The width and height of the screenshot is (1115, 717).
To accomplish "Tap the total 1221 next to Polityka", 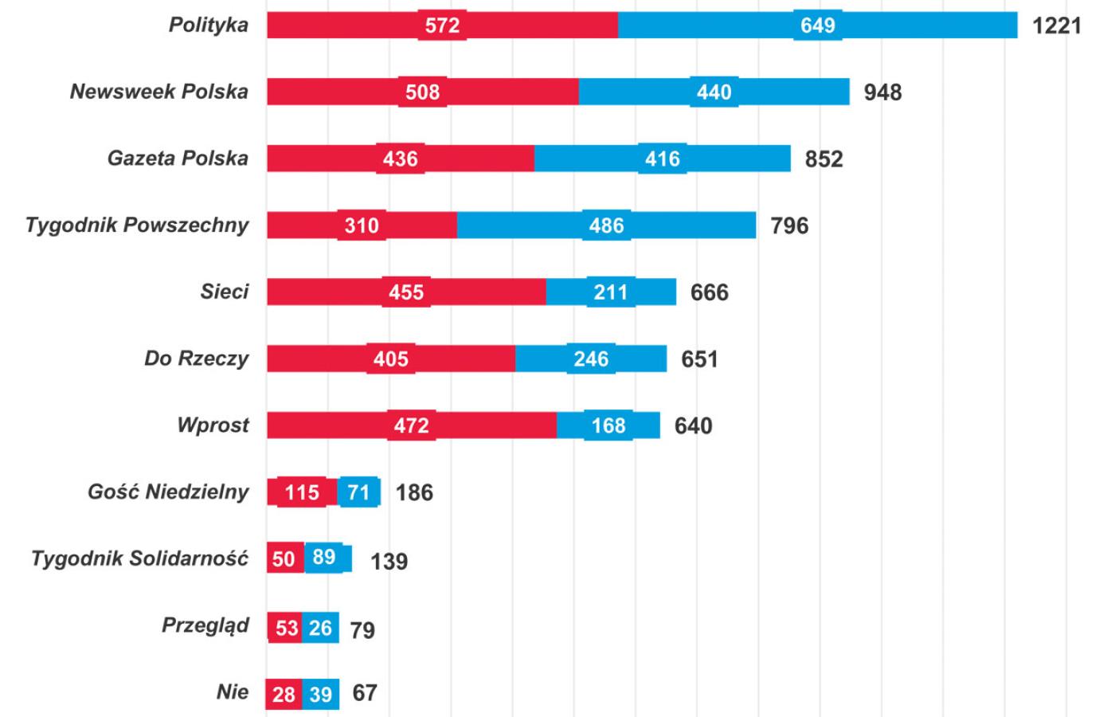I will click(1057, 25).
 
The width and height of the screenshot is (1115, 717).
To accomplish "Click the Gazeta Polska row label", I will click(178, 158).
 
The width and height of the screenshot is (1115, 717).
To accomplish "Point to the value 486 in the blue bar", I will click(606, 225).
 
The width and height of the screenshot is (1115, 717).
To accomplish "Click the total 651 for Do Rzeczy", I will click(699, 359).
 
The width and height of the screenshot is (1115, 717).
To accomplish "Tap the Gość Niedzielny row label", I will click(168, 492).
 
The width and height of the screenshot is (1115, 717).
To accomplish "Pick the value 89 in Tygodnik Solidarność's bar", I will click(324, 557).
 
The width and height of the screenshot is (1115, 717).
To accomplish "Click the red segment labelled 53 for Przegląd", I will click(285, 628).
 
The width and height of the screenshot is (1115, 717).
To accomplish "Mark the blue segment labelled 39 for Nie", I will click(320, 694).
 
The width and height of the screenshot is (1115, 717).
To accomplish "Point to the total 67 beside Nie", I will click(365, 693).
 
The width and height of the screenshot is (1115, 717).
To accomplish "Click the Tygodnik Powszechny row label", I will click(137, 225).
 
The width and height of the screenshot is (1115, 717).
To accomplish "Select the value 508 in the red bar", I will click(422, 92).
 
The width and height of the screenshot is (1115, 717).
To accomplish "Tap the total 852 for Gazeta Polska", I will click(824, 159).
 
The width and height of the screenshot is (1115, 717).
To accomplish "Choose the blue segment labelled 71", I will click(358, 492).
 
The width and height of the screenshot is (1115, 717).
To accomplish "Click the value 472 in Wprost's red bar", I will click(411, 425).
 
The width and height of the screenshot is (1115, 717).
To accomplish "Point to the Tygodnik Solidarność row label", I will click(139, 558).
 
